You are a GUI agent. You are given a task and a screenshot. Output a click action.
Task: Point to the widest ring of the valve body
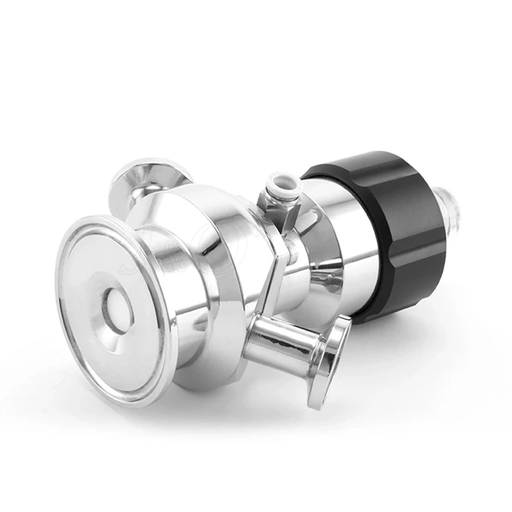click(x=230, y=256)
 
